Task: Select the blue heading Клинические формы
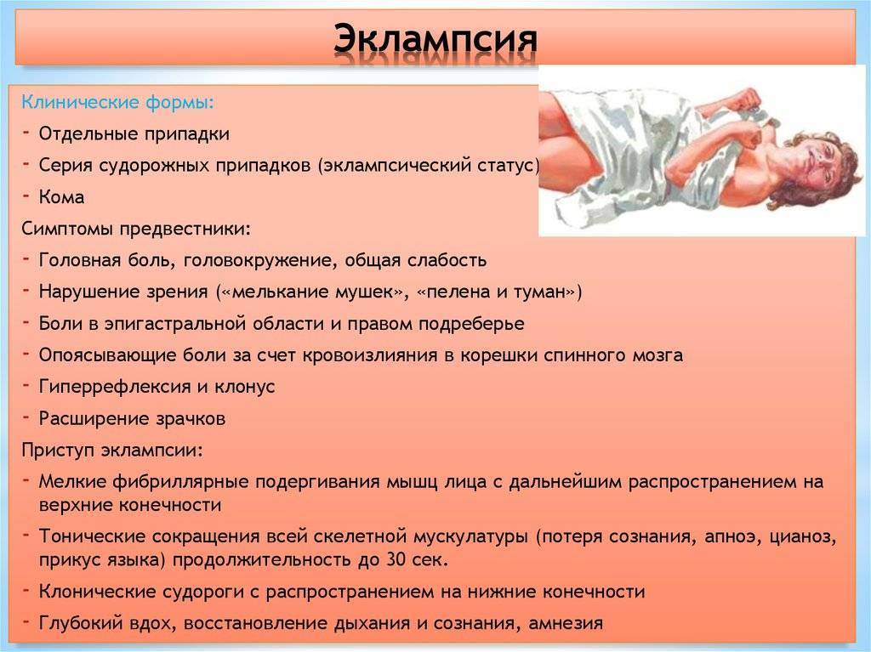[117, 102]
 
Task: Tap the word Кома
[61, 197]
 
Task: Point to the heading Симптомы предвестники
[136, 229]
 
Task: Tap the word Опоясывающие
[105, 355]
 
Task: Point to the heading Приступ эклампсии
[112, 450]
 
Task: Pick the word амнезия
[566, 624]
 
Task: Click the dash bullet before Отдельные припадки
[26, 132]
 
